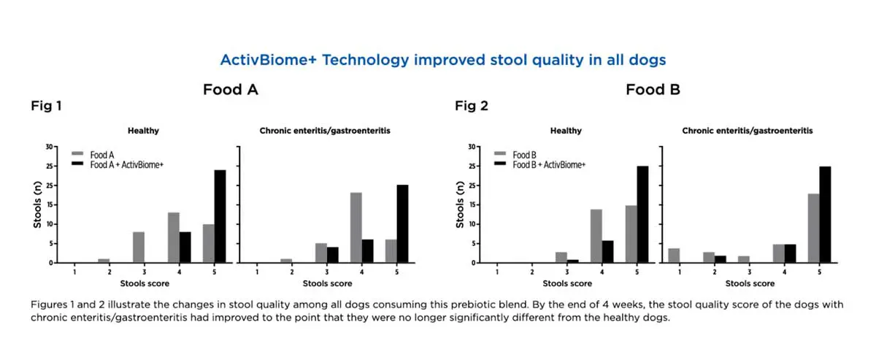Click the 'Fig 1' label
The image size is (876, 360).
[x=45, y=107]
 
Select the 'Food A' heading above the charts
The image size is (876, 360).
[x=231, y=90]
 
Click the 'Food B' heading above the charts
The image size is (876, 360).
[x=651, y=90]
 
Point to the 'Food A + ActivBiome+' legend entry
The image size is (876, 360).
[x=126, y=165]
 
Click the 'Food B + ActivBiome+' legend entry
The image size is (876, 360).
[x=548, y=165]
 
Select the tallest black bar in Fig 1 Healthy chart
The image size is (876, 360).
[x=220, y=216]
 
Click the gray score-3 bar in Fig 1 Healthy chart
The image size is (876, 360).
[x=139, y=247]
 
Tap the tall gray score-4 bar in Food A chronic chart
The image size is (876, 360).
[x=356, y=227]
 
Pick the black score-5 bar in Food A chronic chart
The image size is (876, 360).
[x=402, y=223]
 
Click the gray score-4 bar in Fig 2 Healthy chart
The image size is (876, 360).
[x=596, y=236]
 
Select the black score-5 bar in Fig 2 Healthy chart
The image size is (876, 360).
[x=643, y=214]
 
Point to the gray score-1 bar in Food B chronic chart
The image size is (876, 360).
[x=674, y=255]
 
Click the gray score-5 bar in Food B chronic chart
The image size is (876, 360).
[x=814, y=228]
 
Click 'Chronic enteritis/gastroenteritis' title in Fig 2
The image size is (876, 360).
[x=748, y=131]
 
